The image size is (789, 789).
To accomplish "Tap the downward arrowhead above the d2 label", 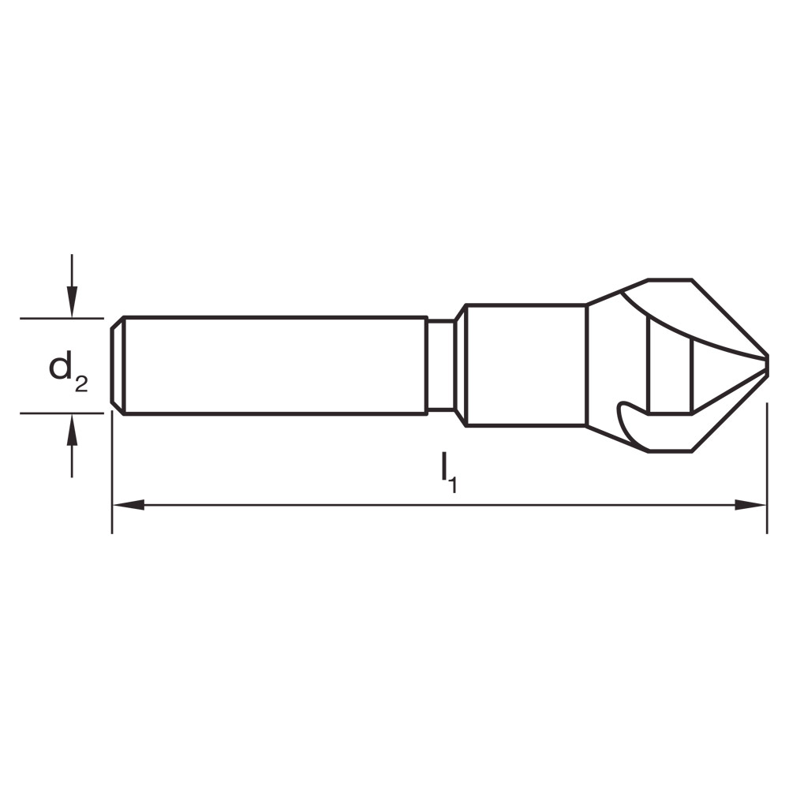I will click(72, 303).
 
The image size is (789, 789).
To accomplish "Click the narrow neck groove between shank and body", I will click(440, 365).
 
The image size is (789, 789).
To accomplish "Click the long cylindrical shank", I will click(272, 365).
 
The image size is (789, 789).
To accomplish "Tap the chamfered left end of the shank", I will click(116, 365).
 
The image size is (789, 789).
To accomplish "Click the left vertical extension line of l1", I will click(112, 473).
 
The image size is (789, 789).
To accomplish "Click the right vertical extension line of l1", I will click(767, 473).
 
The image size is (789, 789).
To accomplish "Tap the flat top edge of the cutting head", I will click(670, 279).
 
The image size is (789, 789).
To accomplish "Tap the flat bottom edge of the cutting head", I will click(670, 451).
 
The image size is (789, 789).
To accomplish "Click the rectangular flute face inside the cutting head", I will click(669, 371).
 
